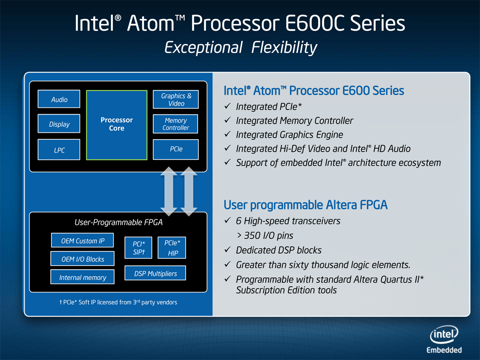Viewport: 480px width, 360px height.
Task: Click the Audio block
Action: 59,99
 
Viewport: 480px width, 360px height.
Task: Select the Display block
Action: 59,124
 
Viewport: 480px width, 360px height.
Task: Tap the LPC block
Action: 59,150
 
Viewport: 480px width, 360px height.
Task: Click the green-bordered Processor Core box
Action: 116,125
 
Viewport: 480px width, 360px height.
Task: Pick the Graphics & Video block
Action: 176,99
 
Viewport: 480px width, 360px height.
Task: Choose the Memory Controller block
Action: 175,124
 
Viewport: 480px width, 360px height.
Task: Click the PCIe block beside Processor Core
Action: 176,150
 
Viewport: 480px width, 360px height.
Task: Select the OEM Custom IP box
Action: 82,240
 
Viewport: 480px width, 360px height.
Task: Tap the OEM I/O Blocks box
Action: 82,258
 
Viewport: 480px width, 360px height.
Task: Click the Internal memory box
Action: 82,277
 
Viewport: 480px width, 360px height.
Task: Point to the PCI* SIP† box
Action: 138,248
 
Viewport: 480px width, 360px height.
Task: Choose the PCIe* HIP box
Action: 172,248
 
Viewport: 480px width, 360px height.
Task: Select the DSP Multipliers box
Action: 155,273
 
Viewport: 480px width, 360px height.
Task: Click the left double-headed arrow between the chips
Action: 169,192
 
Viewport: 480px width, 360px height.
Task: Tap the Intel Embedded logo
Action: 444,339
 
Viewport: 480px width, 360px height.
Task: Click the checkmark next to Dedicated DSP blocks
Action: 228,249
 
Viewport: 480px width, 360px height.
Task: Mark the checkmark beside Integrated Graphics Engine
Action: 228,134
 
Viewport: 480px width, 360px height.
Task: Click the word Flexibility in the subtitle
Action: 284,48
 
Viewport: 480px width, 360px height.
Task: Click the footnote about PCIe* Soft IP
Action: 118,302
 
